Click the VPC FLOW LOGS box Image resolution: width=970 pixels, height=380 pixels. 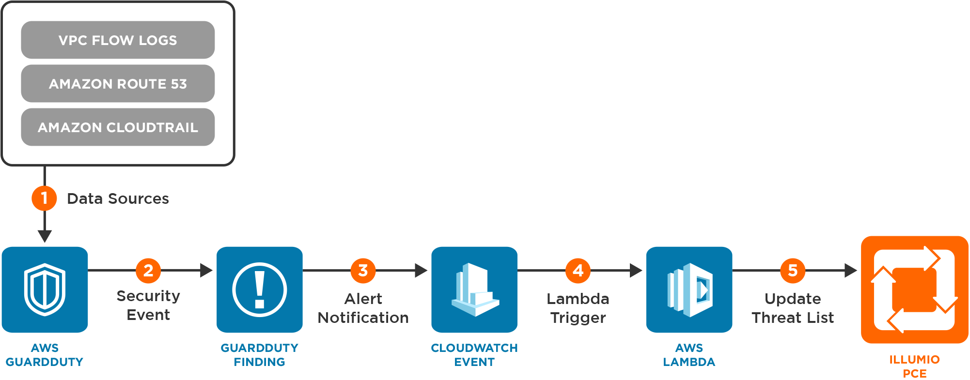118,40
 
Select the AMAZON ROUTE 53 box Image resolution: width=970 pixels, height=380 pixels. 118,84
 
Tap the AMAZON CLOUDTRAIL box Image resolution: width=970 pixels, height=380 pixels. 118,127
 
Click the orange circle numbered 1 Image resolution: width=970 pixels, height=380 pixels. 44,198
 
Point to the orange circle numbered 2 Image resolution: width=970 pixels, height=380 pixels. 148,270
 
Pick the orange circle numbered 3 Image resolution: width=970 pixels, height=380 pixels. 363,270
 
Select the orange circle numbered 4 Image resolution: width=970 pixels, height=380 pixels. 578,270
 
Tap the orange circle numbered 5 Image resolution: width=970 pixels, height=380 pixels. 793,270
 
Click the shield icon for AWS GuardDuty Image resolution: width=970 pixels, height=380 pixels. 45,289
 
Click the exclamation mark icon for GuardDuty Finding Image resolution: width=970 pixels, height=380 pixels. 260,289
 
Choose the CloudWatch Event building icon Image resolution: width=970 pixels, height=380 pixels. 474,289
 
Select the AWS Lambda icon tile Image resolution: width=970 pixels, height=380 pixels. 689,289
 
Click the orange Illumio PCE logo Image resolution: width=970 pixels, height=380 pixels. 914,289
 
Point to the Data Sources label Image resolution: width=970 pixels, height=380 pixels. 118,198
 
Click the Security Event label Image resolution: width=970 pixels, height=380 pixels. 148,305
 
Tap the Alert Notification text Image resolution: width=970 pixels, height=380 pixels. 363,308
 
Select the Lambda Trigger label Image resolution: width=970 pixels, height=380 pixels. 578,308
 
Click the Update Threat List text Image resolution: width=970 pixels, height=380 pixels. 793,308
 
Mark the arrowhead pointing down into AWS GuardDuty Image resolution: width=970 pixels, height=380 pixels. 45,236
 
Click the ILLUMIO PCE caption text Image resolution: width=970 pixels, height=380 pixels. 914,366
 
